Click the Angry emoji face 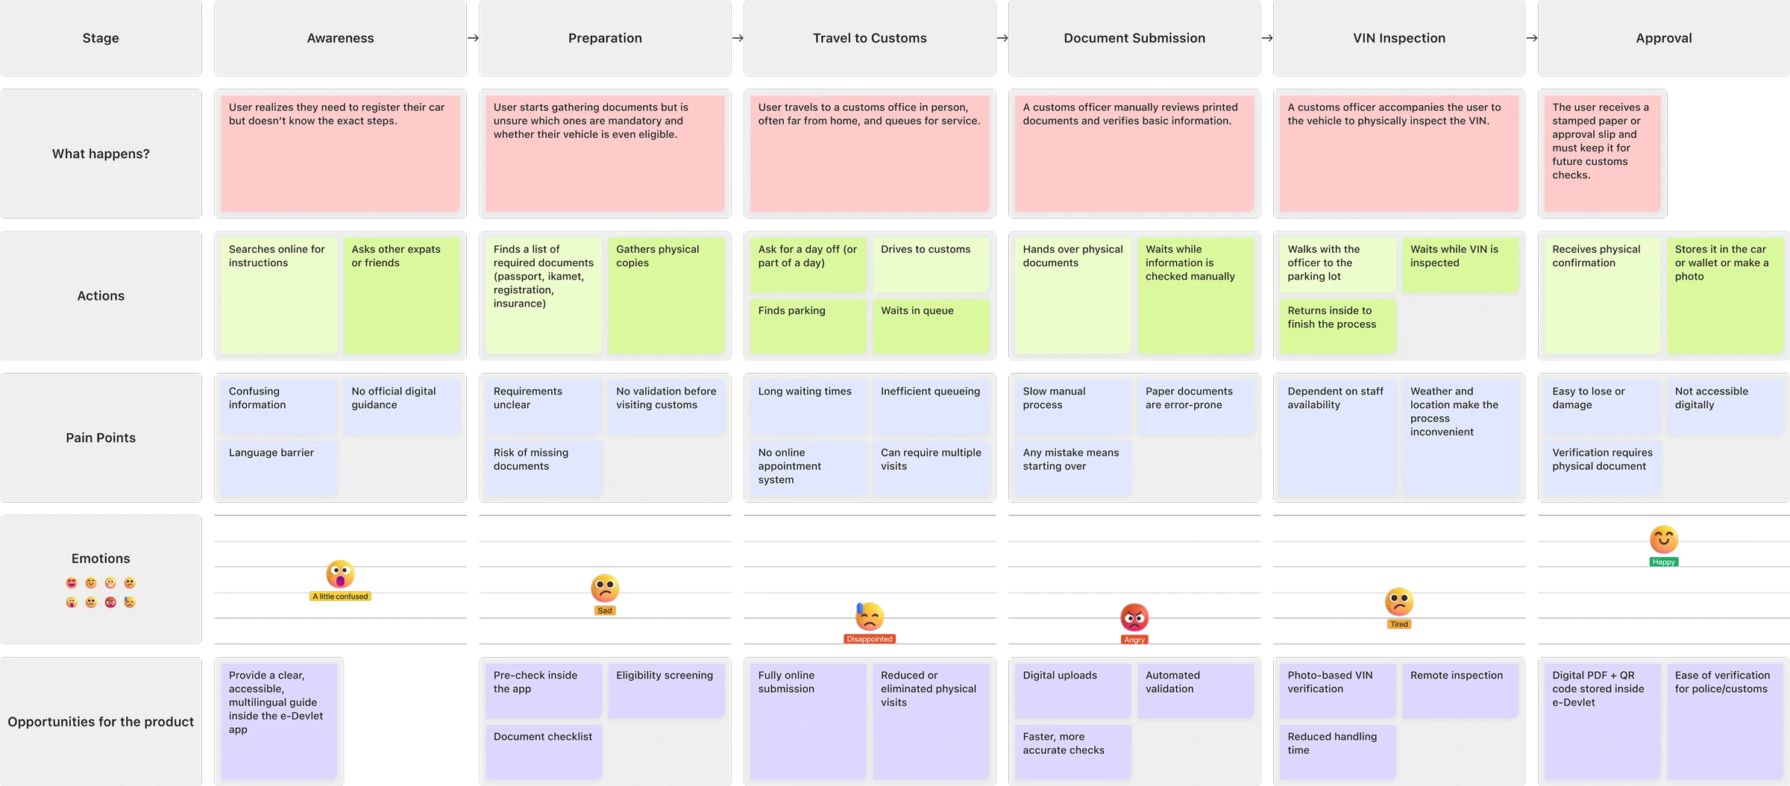(1134, 617)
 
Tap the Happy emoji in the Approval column (1663, 539)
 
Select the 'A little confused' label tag (341, 597)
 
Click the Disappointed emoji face (869, 617)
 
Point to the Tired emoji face (1399, 603)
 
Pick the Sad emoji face (605, 588)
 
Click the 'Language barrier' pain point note (278, 468)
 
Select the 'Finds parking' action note (808, 325)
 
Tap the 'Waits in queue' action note (930, 325)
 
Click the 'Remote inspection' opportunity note (1460, 690)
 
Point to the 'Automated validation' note (1195, 690)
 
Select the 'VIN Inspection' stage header (1398, 38)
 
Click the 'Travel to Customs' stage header (870, 38)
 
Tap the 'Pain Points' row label (101, 438)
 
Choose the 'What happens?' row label (101, 154)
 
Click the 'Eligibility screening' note (665, 690)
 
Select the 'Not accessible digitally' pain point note (1724, 406)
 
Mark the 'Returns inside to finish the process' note (1337, 325)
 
